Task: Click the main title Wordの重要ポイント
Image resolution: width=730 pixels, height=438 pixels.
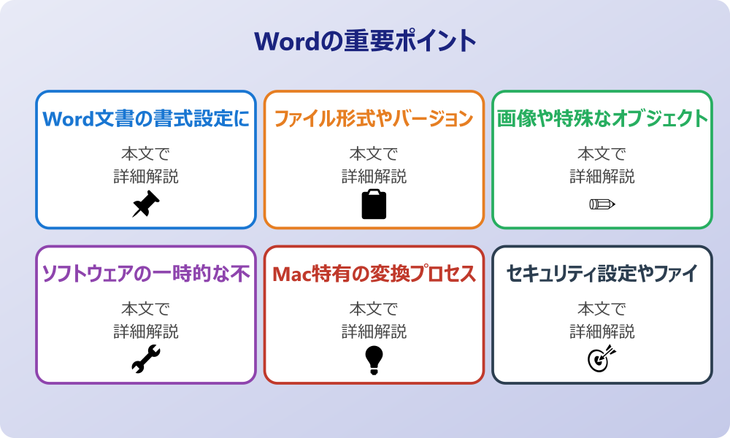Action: (x=365, y=41)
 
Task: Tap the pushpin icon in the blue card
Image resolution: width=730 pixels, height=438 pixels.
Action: (x=146, y=204)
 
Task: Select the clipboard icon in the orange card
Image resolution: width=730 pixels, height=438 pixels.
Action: (x=374, y=204)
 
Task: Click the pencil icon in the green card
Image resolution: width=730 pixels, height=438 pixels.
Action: (x=602, y=204)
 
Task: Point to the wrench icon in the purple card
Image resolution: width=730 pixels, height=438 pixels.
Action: (x=146, y=359)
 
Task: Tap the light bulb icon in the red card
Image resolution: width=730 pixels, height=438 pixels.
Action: (x=374, y=359)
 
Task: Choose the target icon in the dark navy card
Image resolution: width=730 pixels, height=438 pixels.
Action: (x=602, y=359)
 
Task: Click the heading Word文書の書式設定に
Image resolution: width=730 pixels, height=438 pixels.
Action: (x=146, y=119)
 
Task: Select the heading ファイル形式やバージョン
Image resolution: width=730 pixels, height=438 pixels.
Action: (x=374, y=119)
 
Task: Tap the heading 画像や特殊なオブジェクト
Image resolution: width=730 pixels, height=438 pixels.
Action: (x=602, y=119)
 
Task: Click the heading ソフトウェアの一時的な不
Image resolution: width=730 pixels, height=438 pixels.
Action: (x=146, y=274)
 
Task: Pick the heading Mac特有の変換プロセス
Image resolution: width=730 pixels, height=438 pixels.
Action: (x=374, y=274)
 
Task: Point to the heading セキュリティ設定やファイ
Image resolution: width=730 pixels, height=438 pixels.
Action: (x=602, y=274)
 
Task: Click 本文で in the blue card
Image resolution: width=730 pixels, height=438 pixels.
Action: (x=146, y=154)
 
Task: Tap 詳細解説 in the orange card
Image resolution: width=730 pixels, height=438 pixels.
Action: (x=374, y=177)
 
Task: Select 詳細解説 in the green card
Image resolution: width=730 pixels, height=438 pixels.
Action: (x=602, y=177)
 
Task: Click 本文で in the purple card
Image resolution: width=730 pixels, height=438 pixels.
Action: (x=146, y=309)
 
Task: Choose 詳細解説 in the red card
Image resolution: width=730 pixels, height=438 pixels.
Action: (x=374, y=331)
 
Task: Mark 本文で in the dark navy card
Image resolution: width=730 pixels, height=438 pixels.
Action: (x=602, y=309)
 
